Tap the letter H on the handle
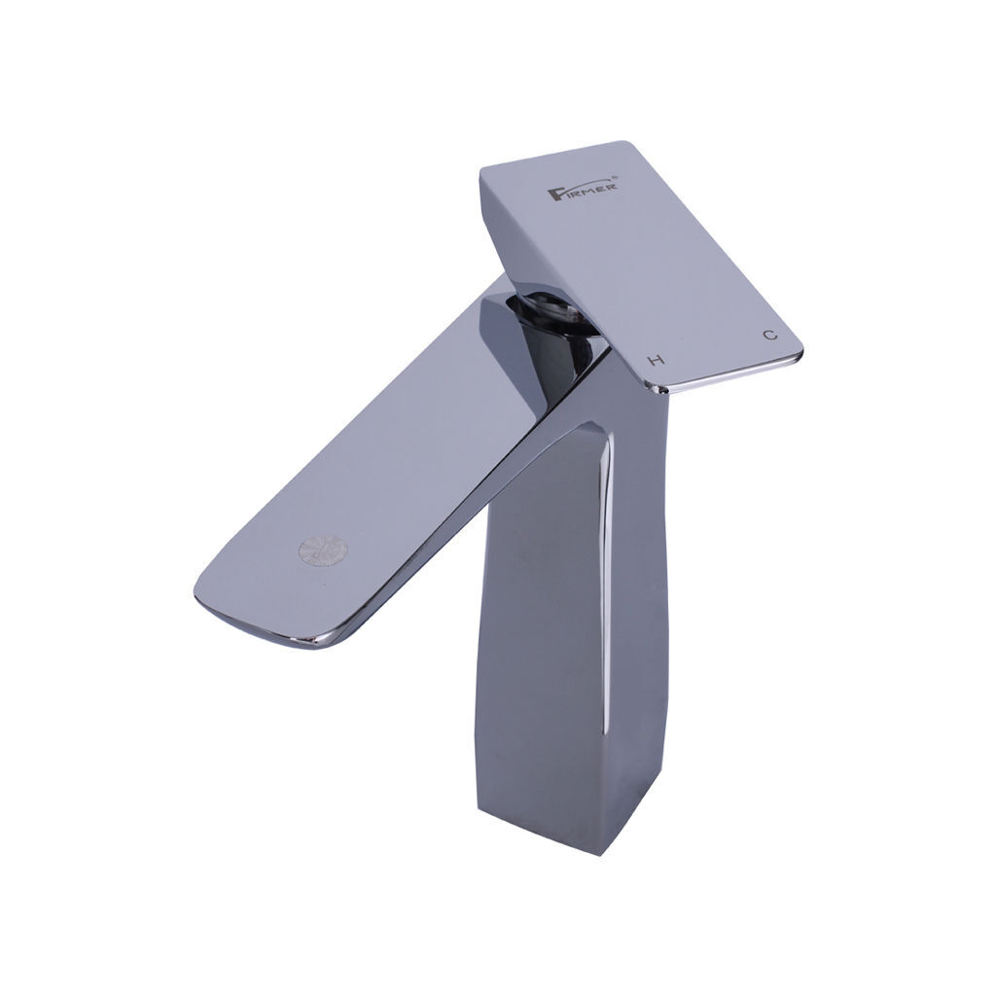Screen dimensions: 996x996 pyautogui.click(x=656, y=360)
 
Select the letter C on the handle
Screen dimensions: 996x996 pyautogui.click(x=770, y=335)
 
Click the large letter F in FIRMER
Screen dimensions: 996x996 pyautogui.click(x=554, y=194)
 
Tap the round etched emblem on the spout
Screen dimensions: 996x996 pyautogui.click(x=323, y=551)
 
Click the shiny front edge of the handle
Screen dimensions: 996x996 pyautogui.click(x=724, y=373)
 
